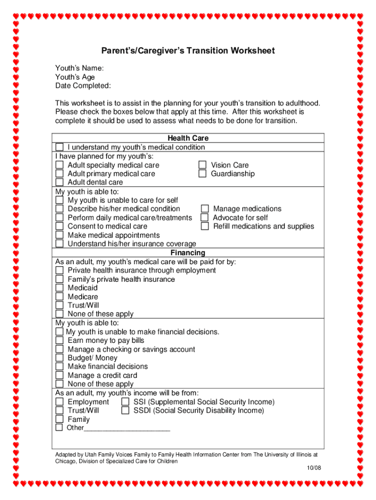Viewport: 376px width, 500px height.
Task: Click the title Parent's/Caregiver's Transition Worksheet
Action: (x=188, y=51)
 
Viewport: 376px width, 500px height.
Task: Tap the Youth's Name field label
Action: (x=79, y=68)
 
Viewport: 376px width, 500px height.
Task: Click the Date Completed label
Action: (x=83, y=86)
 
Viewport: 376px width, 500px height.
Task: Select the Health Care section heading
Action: (x=188, y=139)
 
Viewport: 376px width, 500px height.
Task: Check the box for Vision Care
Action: (x=202, y=165)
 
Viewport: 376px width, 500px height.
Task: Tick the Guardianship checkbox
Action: (x=202, y=174)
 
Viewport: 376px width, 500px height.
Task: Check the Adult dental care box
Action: (x=59, y=183)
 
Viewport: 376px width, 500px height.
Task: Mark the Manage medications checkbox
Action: (x=205, y=209)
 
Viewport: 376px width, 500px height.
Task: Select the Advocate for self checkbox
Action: (x=205, y=218)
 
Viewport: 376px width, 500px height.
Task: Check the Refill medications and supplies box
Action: (x=205, y=227)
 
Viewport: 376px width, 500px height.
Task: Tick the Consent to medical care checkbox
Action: (x=59, y=227)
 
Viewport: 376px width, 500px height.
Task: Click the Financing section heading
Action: (x=188, y=253)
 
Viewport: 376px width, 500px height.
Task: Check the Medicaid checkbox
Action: (x=59, y=288)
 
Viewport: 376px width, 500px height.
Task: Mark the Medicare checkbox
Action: (x=59, y=297)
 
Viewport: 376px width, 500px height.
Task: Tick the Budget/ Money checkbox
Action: (x=59, y=358)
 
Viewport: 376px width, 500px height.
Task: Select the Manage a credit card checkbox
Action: (x=59, y=375)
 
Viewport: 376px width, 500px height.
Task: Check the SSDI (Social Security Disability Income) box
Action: (x=125, y=411)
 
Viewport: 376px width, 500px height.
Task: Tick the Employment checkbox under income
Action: (x=59, y=402)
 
